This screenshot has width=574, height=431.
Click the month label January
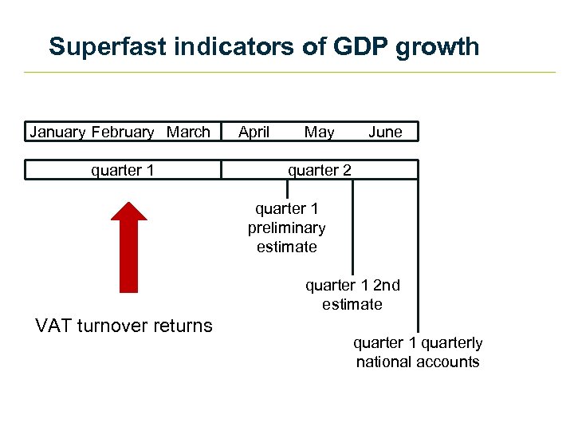58,132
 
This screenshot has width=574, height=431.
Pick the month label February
123,132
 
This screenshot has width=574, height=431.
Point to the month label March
188,132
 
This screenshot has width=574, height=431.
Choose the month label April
254,132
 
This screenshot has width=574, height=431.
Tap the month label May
320,132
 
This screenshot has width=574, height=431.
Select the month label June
385,132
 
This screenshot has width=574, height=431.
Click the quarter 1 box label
123,169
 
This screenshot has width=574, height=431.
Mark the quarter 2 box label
319,169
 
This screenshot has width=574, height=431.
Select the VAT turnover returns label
124,326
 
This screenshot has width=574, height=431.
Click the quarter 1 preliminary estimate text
287,228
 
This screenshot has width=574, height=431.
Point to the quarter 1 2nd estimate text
352,295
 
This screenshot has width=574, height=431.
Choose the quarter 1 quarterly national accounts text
418,352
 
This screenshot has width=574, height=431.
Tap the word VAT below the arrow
54,326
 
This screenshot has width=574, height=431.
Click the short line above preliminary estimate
287,189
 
